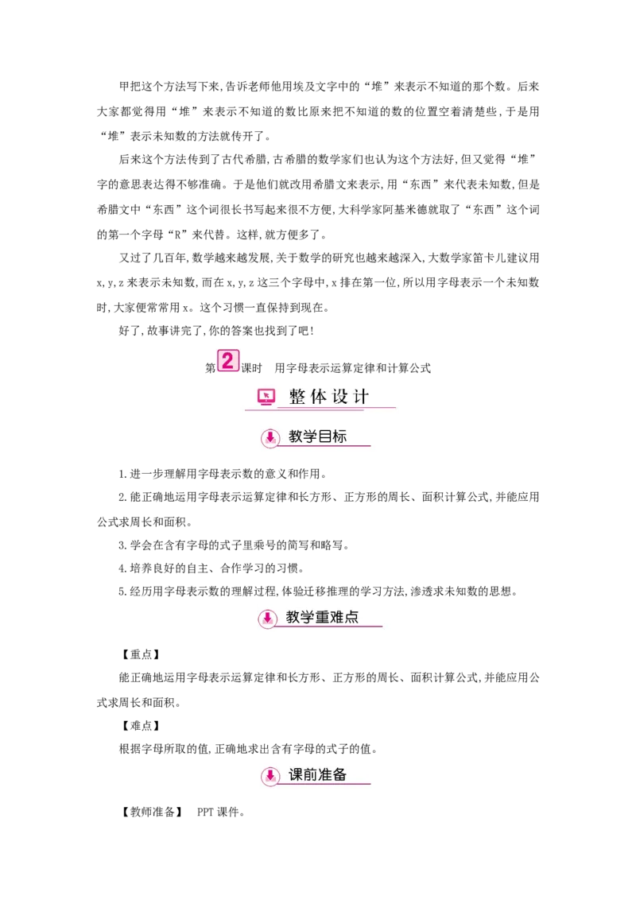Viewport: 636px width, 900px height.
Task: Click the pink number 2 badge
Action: (x=227, y=361)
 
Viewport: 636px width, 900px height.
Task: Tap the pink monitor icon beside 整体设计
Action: (x=266, y=396)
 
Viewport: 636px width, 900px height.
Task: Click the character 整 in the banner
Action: (x=297, y=397)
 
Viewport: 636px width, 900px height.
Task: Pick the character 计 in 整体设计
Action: (x=362, y=397)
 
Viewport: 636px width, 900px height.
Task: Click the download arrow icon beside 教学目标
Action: (x=270, y=437)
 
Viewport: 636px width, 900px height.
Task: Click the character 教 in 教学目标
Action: (x=296, y=436)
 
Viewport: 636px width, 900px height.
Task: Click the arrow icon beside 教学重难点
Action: (x=268, y=618)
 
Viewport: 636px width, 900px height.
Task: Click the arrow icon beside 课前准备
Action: (x=270, y=775)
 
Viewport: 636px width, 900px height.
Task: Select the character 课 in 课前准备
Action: (x=296, y=774)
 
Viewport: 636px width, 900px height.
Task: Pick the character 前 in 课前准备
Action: (x=310, y=774)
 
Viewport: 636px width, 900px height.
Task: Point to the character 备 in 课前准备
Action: (x=339, y=774)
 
